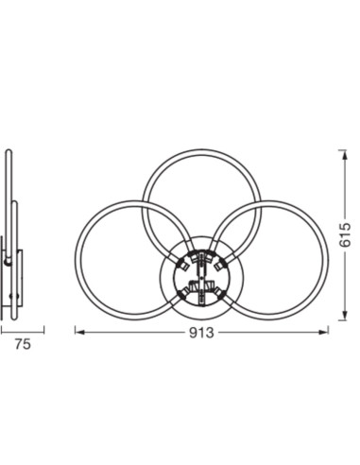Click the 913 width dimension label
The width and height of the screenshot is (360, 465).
201,333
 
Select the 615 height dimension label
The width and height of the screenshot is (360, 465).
345,235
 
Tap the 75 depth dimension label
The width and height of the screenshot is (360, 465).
23,344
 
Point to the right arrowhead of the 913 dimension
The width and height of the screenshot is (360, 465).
324,332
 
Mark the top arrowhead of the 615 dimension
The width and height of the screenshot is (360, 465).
345,155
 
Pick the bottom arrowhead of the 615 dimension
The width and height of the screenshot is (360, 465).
345,316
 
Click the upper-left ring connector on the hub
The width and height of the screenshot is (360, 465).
182,264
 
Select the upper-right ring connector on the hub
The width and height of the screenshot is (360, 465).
221,264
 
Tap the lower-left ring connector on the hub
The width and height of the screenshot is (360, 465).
183,295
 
